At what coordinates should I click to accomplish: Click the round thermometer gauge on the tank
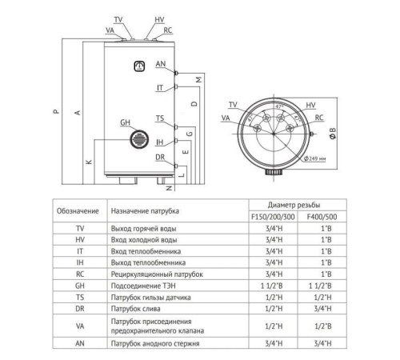tap(140, 68)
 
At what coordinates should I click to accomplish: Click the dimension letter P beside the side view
tap(54, 112)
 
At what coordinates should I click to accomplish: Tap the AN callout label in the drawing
tap(162, 63)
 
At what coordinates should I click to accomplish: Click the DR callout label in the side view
tap(161, 157)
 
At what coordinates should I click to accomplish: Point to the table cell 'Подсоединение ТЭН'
tap(141, 285)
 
